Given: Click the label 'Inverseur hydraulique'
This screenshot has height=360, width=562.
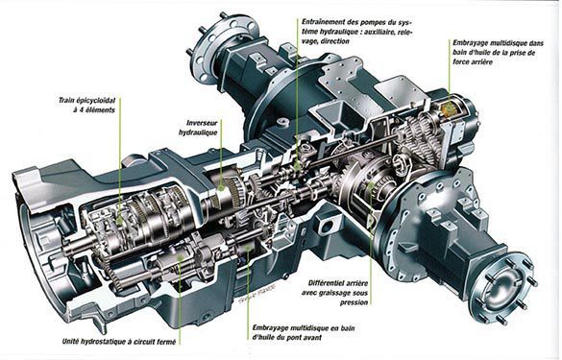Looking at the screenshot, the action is coord(198,128).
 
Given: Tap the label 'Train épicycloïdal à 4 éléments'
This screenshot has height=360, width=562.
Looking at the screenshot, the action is coord(87,105).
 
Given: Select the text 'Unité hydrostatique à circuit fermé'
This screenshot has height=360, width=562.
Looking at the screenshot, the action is coord(119,342).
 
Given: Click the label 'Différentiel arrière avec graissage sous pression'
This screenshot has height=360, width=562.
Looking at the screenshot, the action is coord(334,293).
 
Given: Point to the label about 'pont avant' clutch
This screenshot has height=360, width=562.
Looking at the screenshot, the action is coord(304,332).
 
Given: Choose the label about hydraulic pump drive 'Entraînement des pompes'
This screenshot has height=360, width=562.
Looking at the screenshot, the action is coord(357,32).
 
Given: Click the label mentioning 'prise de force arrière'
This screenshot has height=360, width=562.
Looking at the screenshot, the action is coord(499,52).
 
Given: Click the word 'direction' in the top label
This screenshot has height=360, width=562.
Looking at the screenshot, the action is coord(335,41).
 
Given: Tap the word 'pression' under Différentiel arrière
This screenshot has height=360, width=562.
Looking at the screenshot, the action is coord(354,302).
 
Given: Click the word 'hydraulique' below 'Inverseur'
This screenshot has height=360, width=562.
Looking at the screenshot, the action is coord(198,132).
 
